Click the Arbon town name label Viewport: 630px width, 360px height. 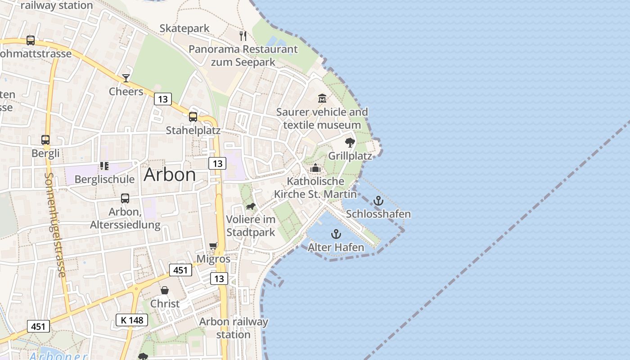(170, 175)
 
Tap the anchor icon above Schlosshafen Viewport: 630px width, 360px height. (378, 201)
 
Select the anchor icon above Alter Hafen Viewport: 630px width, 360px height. (336, 234)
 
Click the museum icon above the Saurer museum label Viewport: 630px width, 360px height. (322, 99)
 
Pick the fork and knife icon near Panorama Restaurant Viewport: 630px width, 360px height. (243, 36)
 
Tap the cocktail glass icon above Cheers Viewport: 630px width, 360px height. (126, 78)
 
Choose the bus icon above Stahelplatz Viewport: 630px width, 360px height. (193, 117)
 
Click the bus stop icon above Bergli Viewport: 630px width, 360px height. (45, 139)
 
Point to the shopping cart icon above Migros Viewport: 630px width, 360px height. (213, 246)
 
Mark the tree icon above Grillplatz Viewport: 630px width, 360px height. (350, 143)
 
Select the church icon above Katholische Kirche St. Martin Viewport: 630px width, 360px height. (315, 168)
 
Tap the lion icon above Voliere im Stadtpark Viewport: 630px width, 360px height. (250, 207)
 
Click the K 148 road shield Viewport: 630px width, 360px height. (132, 320)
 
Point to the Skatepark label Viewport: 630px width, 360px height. (184, 28)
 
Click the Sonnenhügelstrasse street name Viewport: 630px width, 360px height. (55, 225)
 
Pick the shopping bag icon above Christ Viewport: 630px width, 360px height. (165, 290)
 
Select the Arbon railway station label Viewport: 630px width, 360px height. (234, 328)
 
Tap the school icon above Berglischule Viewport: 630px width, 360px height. (104, 166)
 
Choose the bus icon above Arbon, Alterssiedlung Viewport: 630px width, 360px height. (125, 198)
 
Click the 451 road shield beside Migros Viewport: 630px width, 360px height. (180, 270)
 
